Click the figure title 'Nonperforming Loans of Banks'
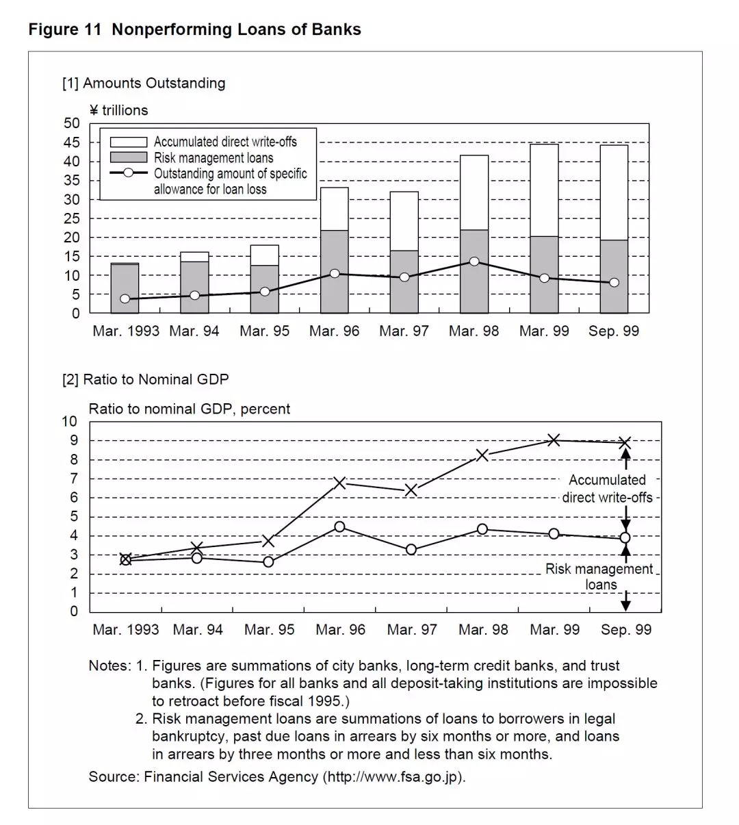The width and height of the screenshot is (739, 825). tap(236, 29)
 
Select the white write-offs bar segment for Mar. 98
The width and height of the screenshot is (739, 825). tap(474, 192)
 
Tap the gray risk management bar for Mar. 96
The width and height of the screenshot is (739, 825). tap(335, 271)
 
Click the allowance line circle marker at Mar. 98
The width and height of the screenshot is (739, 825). tap(474, 262)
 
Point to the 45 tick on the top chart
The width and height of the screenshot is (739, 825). tap(72, 142)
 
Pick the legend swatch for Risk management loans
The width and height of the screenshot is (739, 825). tap(129, 158)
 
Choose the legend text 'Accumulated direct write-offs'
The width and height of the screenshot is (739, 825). tap(225, 142)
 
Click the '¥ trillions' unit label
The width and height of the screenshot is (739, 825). tap(118, 110)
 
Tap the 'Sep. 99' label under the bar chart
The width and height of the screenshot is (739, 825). tap(614, 331)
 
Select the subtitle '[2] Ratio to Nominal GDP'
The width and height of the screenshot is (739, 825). tap(145, 379)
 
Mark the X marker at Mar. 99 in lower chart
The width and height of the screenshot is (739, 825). tap(554, 440)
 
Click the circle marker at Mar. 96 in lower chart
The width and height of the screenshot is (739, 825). tap(339, 526)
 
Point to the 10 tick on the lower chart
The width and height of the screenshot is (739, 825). tap(70, 421)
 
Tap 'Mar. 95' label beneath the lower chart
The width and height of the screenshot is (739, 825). tap(269, 630)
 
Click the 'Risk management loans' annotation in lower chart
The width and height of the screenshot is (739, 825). tap(599, 576)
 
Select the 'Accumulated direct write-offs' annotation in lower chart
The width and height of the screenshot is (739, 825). tap(607, 489)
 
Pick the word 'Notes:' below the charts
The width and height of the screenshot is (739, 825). tap(109, 665)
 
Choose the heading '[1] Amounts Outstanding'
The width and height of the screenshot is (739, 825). tap(144, 84)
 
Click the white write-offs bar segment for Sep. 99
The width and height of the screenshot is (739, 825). tap(614, 192)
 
